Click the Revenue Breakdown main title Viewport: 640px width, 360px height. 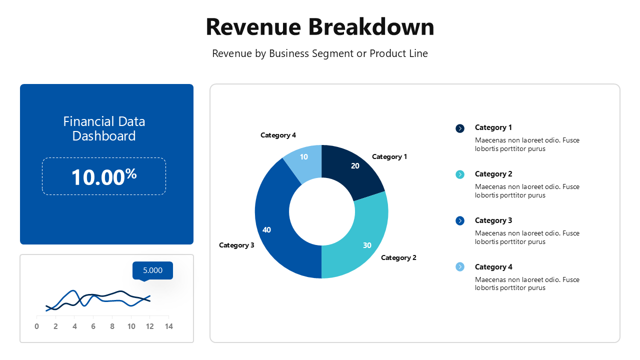(x=320, y=27)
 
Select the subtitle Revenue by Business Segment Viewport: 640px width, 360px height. (x=320, y=53)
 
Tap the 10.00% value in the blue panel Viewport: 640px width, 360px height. (x=104, y=177)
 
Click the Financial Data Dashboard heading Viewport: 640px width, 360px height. (x=104, y=128)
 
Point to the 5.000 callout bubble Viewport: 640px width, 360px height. (x=152, y=270)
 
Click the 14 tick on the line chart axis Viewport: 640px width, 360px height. (x=168, y=326)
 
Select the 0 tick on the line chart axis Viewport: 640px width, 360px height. (x=37, y=326)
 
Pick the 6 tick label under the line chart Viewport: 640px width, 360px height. (x=93, y=326)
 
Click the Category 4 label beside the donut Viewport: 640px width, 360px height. (x=278, y=135)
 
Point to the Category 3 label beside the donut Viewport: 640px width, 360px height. (x=236, y=245)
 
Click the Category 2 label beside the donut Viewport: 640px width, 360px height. (x=398, y=257)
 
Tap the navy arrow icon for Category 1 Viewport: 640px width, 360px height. (x=460, y=128)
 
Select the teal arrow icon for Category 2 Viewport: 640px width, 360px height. (x=460, y=174)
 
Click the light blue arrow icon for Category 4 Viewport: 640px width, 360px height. (x=460, y=267)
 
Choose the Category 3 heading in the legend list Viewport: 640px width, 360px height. (x=493, y=220)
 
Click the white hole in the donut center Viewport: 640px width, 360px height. (x=321, y=211)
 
